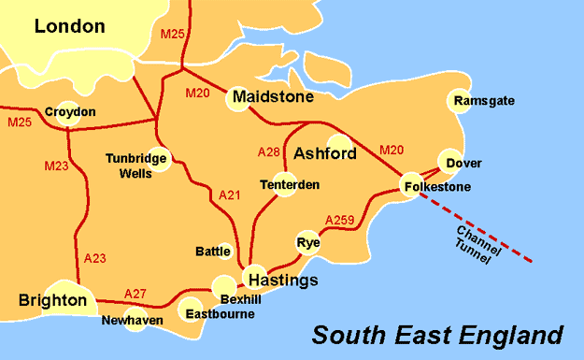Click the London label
tap(69, 26)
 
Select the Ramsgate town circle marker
tap(460, 101)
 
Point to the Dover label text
tap(464, 164)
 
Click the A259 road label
tap(340, 221)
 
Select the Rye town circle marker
tap(306, 238)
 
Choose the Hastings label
tap(282, 281)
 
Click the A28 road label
tap(268, 151)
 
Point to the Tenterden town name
tap(290, 185)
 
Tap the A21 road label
tap(229, 195)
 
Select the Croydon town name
tap(70, 112)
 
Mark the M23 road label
tap(57, 166)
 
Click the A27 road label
tap(135, 294)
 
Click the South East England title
tap(437, 334)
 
